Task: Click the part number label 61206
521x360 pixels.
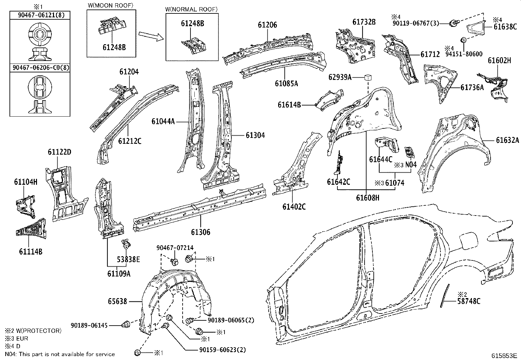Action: click(267, 25)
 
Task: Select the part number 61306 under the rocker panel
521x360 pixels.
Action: click(201, 232)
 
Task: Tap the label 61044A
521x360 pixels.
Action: click(163, 121)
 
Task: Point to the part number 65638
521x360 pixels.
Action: click(117, 301)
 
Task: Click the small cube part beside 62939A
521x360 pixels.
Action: click(368, 77)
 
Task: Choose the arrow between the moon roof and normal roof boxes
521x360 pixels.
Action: click(152, 36)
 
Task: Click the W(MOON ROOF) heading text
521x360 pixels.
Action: click(111, 5)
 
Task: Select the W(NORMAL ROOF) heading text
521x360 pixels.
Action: click(191, 9)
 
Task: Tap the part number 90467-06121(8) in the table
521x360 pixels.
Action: click(41, 15)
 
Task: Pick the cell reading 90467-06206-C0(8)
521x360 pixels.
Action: click(41, 68)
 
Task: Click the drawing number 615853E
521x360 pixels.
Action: click(503, 355)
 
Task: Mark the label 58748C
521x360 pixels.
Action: click(469, 301)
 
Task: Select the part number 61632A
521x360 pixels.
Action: click(508, 140)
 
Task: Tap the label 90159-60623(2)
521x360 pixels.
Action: click(223, 350)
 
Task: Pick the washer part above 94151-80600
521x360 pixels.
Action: click(463, 40)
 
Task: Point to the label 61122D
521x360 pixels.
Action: click(60, 152)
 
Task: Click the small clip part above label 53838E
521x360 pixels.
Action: click(126, 244)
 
